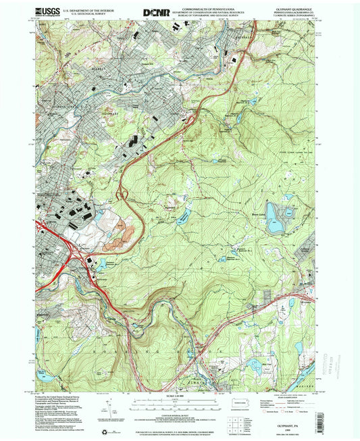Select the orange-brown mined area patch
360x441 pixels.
[122, 232]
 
